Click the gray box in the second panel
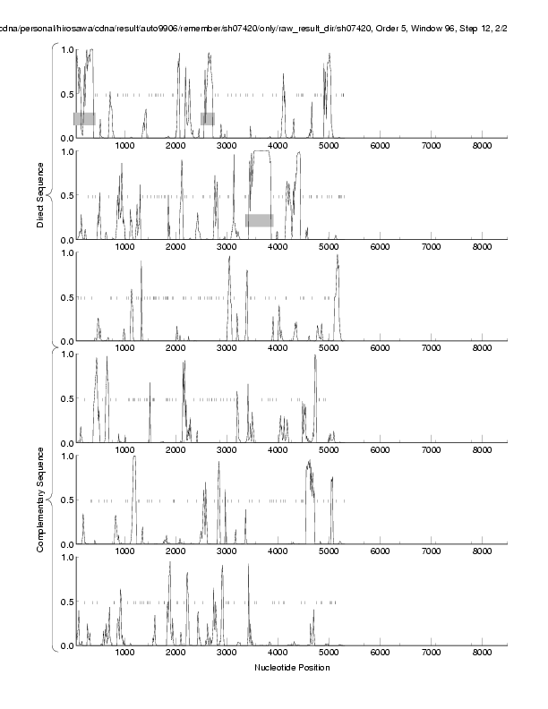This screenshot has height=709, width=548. click(x=260, y=220)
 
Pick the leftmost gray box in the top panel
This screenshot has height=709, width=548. click(x=84, y=118)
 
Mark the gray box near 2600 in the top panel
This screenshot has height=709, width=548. click(x=208, y=118)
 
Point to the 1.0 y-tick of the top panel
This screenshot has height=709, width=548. click(x=65, y=49)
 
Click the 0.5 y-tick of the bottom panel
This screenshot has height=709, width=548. click(x=65, y=602)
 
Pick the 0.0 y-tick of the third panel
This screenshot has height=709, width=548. click(x=65, y=341)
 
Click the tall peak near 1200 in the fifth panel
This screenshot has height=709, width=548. click(x=134, y=458)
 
